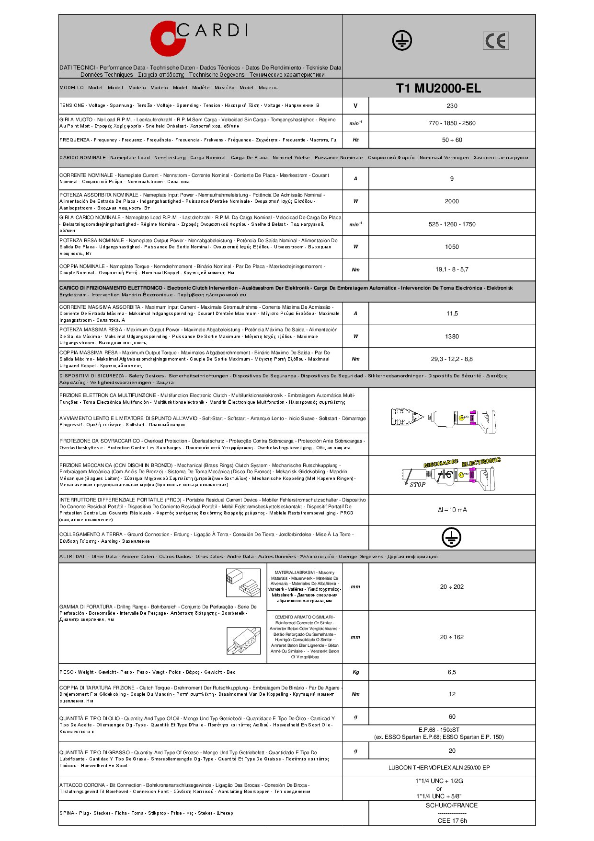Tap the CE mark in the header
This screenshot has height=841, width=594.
[x=495, y=41]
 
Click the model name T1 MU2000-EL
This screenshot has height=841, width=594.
[x=438, y=88]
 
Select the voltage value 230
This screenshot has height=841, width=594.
[x=452, y=106]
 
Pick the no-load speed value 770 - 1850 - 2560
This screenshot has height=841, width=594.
[x=452, y=123]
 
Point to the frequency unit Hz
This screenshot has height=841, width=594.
[x=355, y=140]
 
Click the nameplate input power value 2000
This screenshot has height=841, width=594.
[x=452, y=201]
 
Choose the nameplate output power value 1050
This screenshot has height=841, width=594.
[x=452, y=247]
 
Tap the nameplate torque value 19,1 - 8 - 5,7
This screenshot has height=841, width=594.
[x=452, y=269]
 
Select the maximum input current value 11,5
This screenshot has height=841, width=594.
[x=452, y=314]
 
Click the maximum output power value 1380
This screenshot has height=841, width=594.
[x=452, y=337]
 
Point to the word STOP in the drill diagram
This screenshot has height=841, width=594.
[x=417, y=485]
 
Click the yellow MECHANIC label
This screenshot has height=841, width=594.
[x=441, y=463]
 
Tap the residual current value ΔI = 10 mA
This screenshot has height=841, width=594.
[x=452, y=510]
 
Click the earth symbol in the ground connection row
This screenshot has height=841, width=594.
[x=451, y=538]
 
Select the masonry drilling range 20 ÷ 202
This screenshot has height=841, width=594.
[x=452, y=587]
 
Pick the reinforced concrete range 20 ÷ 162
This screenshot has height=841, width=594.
[x=452, y=637]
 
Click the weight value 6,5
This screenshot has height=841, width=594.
[x=452, y=672]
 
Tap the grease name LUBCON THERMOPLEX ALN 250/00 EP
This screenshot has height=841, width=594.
[x=439, y=768]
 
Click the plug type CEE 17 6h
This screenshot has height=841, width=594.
[x=452, y=820]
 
